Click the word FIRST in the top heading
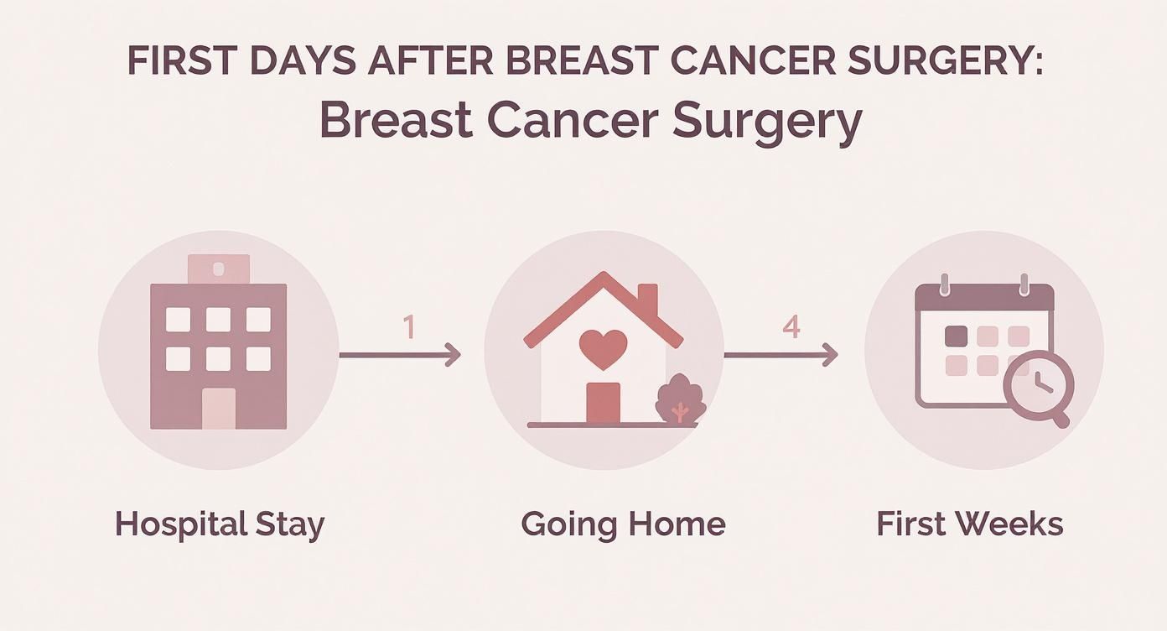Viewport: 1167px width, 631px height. pos(171,62)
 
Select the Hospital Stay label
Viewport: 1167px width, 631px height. pos(220,524)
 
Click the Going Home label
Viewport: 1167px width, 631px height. pos(623,524)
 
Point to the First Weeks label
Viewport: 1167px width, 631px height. pos(969,524)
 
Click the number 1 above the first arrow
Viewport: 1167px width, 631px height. pos(409,327)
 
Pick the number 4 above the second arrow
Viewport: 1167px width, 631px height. pos(791,326)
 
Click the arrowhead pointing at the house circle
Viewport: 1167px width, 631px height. pos(454,355)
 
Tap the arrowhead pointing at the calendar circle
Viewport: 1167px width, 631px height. pos(830,355)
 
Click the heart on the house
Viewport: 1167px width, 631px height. pos(604,347)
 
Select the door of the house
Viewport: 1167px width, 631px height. pos(603,403)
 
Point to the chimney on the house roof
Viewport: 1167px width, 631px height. pos(647,300)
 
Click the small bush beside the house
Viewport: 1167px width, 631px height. pos(680,399)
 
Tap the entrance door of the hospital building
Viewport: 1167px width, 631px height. pos(219,409)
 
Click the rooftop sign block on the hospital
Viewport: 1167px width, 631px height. pos(219,269)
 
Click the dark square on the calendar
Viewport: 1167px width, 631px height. pos(956,336)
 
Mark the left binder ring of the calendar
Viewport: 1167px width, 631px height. pos(944,284)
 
